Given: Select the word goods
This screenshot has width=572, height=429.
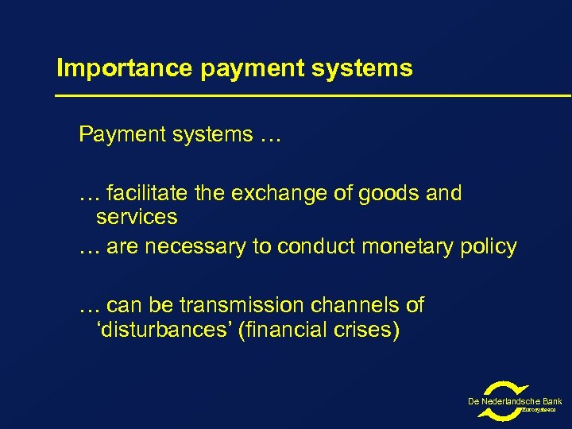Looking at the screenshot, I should [x=385, y=194].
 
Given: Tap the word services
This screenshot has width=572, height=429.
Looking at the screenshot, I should [x=136, y=216].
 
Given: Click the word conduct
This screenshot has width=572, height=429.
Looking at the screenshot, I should [x=316, y=247].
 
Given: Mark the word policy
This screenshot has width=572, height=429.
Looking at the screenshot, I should [x=490, y=247].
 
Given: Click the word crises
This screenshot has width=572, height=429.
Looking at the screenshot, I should [x=366, y=328].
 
